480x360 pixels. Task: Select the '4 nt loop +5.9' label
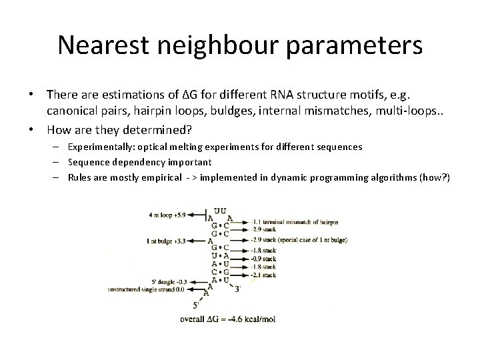[170, 215]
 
